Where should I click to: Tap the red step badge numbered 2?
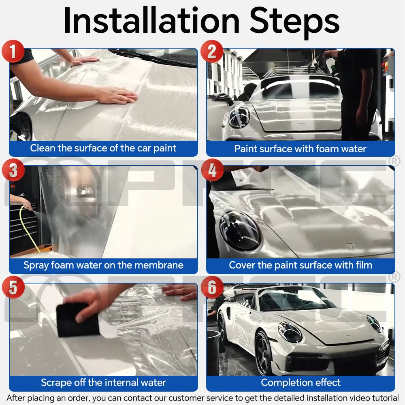pyautogui.click(x=211, y=52)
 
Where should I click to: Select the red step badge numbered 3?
pyautogui.click(x=13, y=171)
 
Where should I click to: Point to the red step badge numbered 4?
pyautogui.click(x=212, y=171)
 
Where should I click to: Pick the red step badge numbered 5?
pyautogui.click(x=13, y=288)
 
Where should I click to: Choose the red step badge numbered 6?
pyautogui.click(x=212, y=288)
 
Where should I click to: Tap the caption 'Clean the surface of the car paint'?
pyautogui.click(x=103, y=148)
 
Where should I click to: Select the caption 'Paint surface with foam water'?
pyautogui.click(x=300, y=149)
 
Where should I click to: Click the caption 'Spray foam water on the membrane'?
pyautogui.click(x=103, y=265)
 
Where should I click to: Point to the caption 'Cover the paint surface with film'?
pyautogui.click(x=300, y=265)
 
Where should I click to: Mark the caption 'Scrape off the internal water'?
pyautogui.click(x=103, y=382)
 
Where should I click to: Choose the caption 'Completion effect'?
pyautogui.click(x=301, y=382)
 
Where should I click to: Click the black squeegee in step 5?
pyautogui.click(x=77, y=320)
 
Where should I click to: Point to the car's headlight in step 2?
pyautogui.click(x=239, y=117)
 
